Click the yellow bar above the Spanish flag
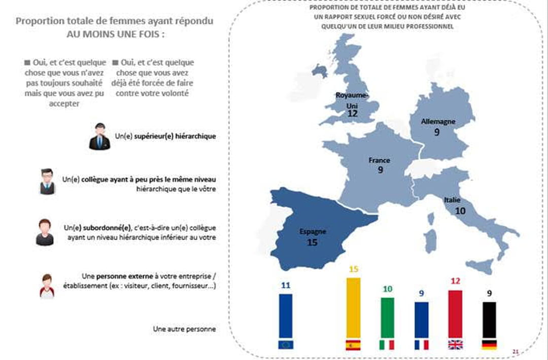(x=353, y=307)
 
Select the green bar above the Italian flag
(x=387, y=317)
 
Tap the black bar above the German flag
(x=489, y=319)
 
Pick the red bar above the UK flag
(x=455, y=314)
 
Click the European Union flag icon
(x=286, y=345)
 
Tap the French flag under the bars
(x=421, y=345)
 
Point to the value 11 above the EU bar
(x=286, y=285)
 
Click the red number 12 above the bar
(x=455, y=281)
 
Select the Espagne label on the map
(x=313, y=232)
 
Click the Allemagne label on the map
(x=438, y=122)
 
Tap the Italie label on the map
(x=453, y=200)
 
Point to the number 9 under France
(x=380, y=170)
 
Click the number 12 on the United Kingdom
(x=353, y=114)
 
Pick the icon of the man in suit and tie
(x=99, y=136)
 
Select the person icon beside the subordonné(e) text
(x=45, y=232)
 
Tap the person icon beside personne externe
(x=47, y=285)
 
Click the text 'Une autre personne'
(x=184, y=329)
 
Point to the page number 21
(x=516, y=351)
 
